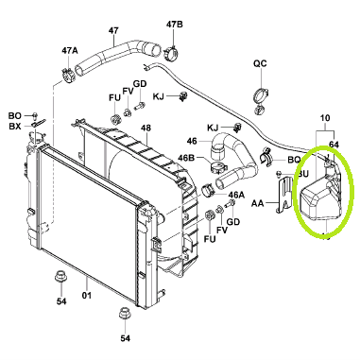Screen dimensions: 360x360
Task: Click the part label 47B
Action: (x=175, y=25)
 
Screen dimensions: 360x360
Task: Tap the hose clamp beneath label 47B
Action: (x=170, y=53)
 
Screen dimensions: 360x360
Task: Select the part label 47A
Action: (x=70, y=50)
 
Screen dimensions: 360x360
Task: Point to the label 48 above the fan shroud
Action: (x=146, y=129)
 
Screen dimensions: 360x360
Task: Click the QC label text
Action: (x=260, y=63)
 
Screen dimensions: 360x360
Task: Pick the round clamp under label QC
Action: (x=261, y=96)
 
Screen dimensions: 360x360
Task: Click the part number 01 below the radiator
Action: (x=87, y=296)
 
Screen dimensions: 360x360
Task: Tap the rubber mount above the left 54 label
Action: (x=60, y=277)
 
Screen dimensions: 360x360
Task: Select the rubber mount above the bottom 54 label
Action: (x=124, y=313)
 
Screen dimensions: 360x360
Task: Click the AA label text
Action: (x=257, y=204)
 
